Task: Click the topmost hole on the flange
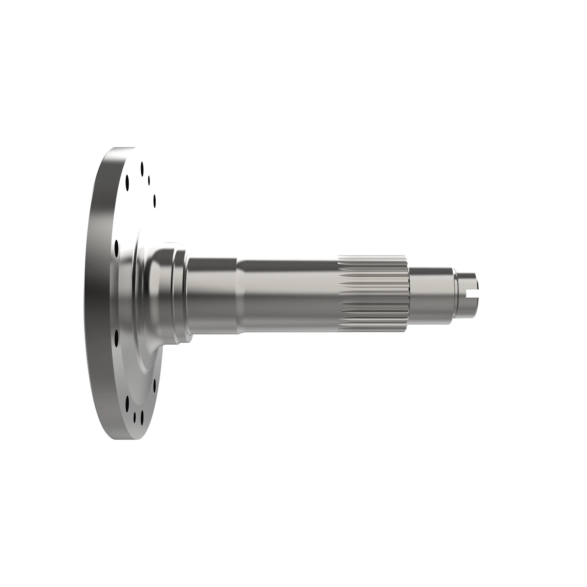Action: point(142,169)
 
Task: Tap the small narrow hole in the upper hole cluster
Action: point(149,181)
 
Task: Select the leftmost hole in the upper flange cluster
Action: point(127,183)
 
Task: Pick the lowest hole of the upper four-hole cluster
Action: point(155,201)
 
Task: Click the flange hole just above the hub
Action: point(116,248)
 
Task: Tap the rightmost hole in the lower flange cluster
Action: point(155,386)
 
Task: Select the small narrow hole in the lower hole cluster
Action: point(135,417)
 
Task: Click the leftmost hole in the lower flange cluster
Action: point(127,404)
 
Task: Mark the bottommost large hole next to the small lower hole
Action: point(142,418)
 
